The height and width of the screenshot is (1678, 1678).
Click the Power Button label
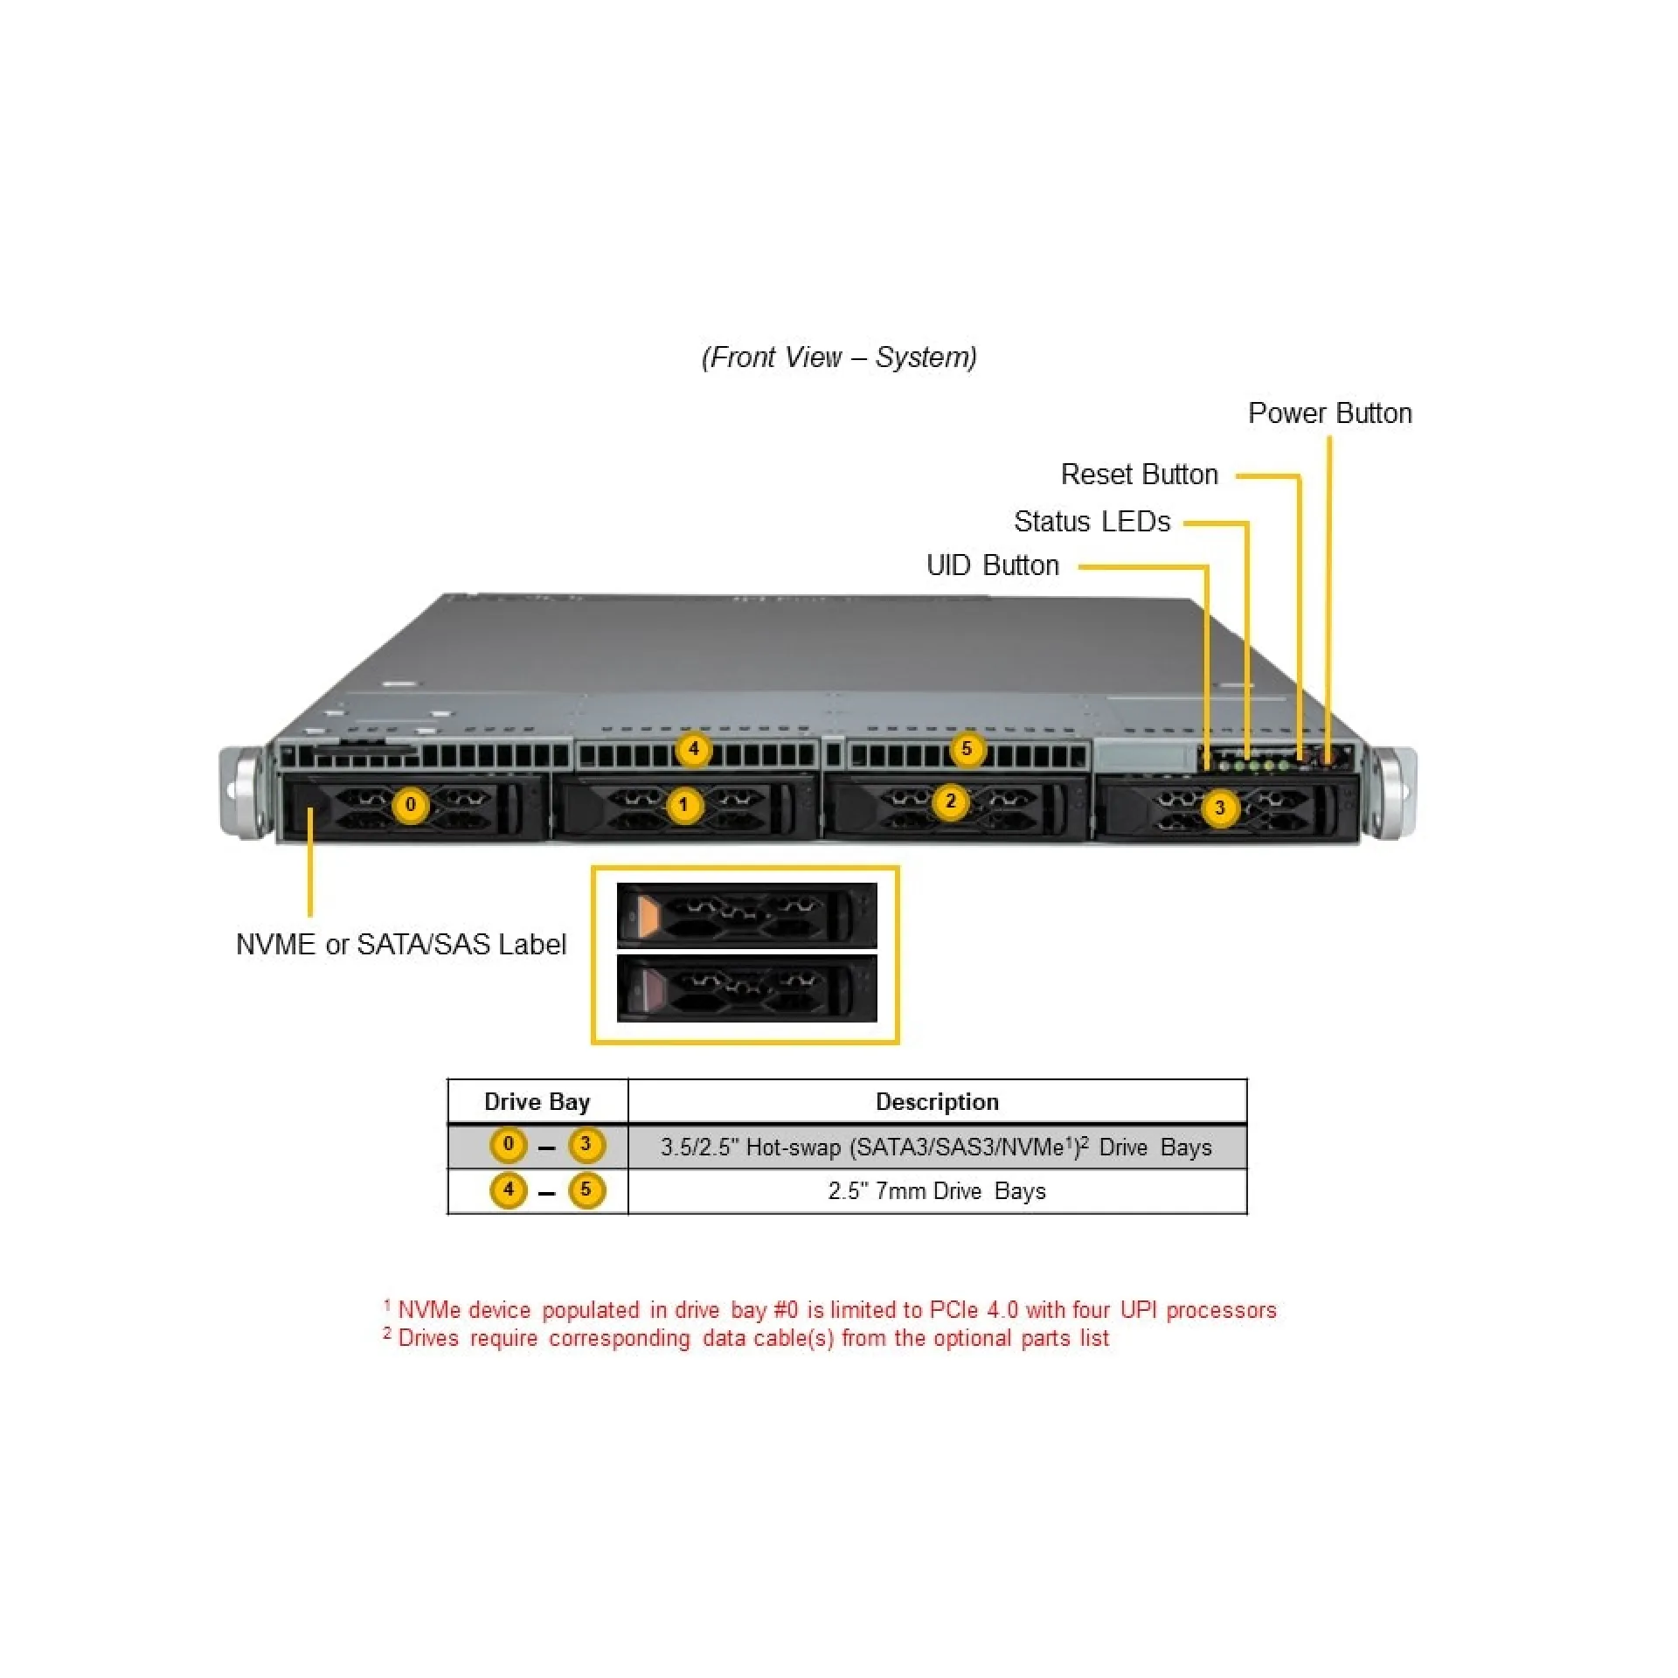point(1329,413)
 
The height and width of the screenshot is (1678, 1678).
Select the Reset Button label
point(1139,475)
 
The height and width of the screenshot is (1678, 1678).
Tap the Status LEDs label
point(1092,522)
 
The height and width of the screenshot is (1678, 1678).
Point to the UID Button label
point(992,565)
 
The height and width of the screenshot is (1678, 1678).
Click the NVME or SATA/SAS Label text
point(400,945)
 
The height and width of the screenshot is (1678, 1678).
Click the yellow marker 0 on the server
point(410,805)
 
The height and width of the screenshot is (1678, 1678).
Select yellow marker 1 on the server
point(684,805)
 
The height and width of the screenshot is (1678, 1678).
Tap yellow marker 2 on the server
point(951,801)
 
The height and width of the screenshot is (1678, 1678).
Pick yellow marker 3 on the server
point(1220,808)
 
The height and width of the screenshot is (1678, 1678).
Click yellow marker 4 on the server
point(693,749)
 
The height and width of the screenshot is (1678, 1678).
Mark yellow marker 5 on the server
point(967,749)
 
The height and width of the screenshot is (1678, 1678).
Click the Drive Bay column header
point(537,1102)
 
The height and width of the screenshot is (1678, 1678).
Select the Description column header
point(937,1102)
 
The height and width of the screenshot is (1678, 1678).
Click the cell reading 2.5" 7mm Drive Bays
point(937,1191)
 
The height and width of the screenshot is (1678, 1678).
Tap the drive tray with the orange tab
point(746,915)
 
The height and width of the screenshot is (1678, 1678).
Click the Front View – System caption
point(839,357)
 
